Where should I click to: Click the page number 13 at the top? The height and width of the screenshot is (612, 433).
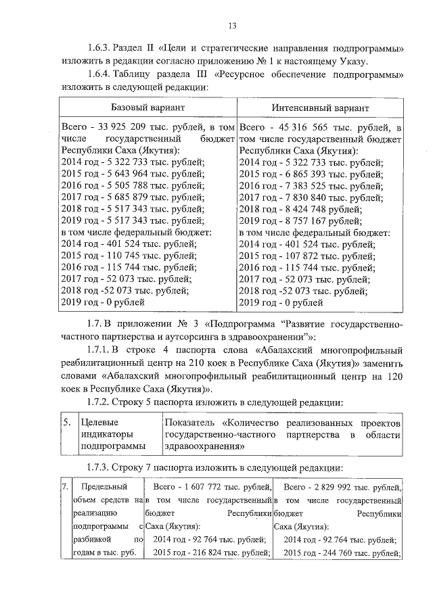coord(231,26)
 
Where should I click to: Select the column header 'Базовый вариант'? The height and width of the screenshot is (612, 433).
coord(147,108)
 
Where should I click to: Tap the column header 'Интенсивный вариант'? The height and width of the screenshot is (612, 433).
coord(321,108)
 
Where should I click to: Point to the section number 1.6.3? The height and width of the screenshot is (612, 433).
coord(102,49)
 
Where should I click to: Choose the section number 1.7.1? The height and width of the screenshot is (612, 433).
coord(102,350)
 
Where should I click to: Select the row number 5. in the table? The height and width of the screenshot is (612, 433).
coord(67,422)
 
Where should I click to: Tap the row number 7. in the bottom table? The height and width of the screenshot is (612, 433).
coord(64,487)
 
